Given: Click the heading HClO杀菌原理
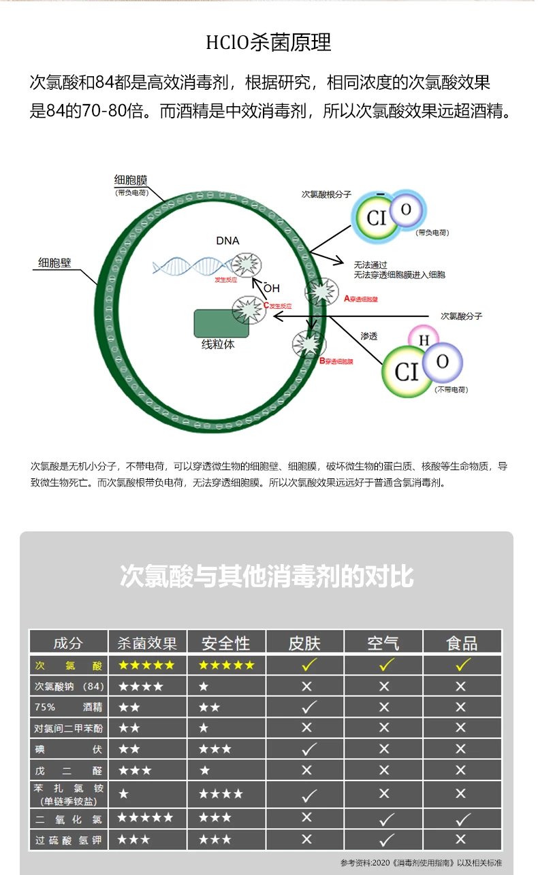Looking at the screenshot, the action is tap(268, 43).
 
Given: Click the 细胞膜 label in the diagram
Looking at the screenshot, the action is tap(131, 180).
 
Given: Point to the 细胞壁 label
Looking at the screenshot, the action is tap(54, 263).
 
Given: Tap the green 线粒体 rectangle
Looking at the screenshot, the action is tap(221, 324).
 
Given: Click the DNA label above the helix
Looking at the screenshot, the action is tap(227, 240).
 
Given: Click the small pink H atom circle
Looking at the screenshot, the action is tap(424, 339).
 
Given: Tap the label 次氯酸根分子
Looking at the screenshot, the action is tap(326, 194).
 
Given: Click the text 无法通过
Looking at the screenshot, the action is tap(370, 265).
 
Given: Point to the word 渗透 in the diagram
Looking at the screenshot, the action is tap(368, 336).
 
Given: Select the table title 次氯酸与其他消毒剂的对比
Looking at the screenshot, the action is tap(266, 576).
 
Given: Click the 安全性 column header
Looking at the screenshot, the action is tap(226, 643).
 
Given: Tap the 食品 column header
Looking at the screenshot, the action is tap(462, 643).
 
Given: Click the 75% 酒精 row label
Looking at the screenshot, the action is tap(68, 708).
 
